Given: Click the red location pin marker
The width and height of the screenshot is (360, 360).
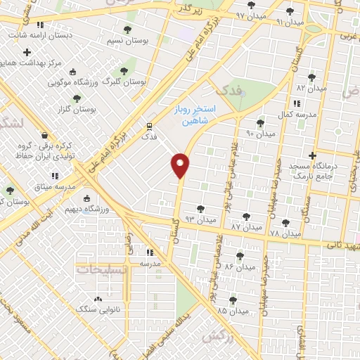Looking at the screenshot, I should (x=181, y=165).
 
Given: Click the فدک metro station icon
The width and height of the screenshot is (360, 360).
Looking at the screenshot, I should (x=149, y=126).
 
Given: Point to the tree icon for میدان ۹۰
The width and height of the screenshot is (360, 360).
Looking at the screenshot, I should (x=260, y=123).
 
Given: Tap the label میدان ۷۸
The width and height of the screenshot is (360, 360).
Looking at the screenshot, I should (x=284, y=233).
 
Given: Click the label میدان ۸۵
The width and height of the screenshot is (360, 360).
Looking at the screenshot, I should (x=233, y=310).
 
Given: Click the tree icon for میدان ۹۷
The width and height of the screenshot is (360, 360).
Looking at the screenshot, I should (x=252, y=6).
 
